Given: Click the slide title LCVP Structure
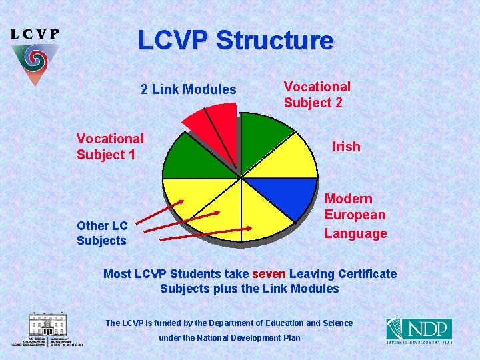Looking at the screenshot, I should click(235, 41).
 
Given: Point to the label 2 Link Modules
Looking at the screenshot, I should click(189, 89).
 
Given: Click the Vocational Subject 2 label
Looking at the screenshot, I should click(317, 95).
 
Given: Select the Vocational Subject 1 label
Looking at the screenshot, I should click(110, 147).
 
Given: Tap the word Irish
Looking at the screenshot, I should click(346, 147).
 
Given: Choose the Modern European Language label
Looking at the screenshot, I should click(355, 216).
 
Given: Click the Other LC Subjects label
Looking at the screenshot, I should click(101, 233).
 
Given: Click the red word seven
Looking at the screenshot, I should click(269, 274).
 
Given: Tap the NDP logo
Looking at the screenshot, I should click(419, 331).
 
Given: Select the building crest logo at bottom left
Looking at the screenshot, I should click(47, 328).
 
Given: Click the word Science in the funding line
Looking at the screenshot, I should click(338, 323).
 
